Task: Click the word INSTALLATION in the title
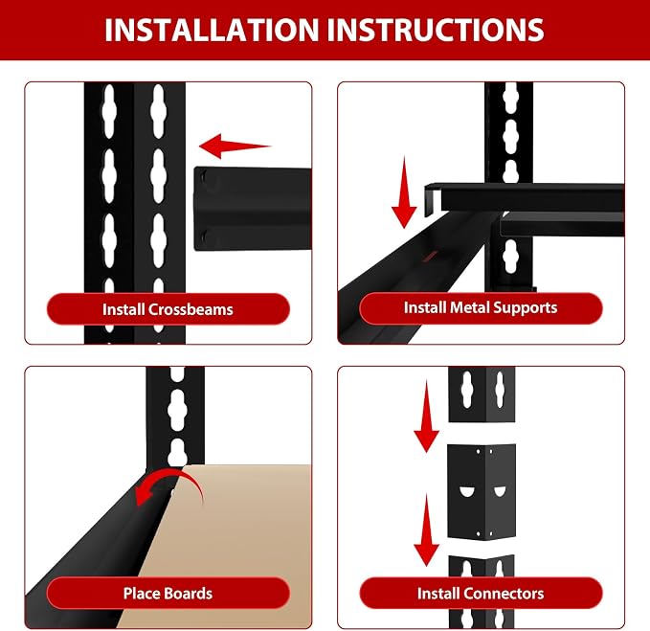(x=212, y=30)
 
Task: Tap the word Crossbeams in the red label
(x=191, y=309)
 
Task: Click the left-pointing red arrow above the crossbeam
(x=235, y=146)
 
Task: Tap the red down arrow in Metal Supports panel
(x=404, y=192)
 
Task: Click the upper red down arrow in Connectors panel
(x=426, y=416)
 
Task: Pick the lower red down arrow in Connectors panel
(x=426, y=530)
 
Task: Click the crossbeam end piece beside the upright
(x=253, y=209)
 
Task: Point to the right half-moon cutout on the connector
(x=499, y=491)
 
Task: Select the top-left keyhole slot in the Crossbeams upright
(x=109, y=111)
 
